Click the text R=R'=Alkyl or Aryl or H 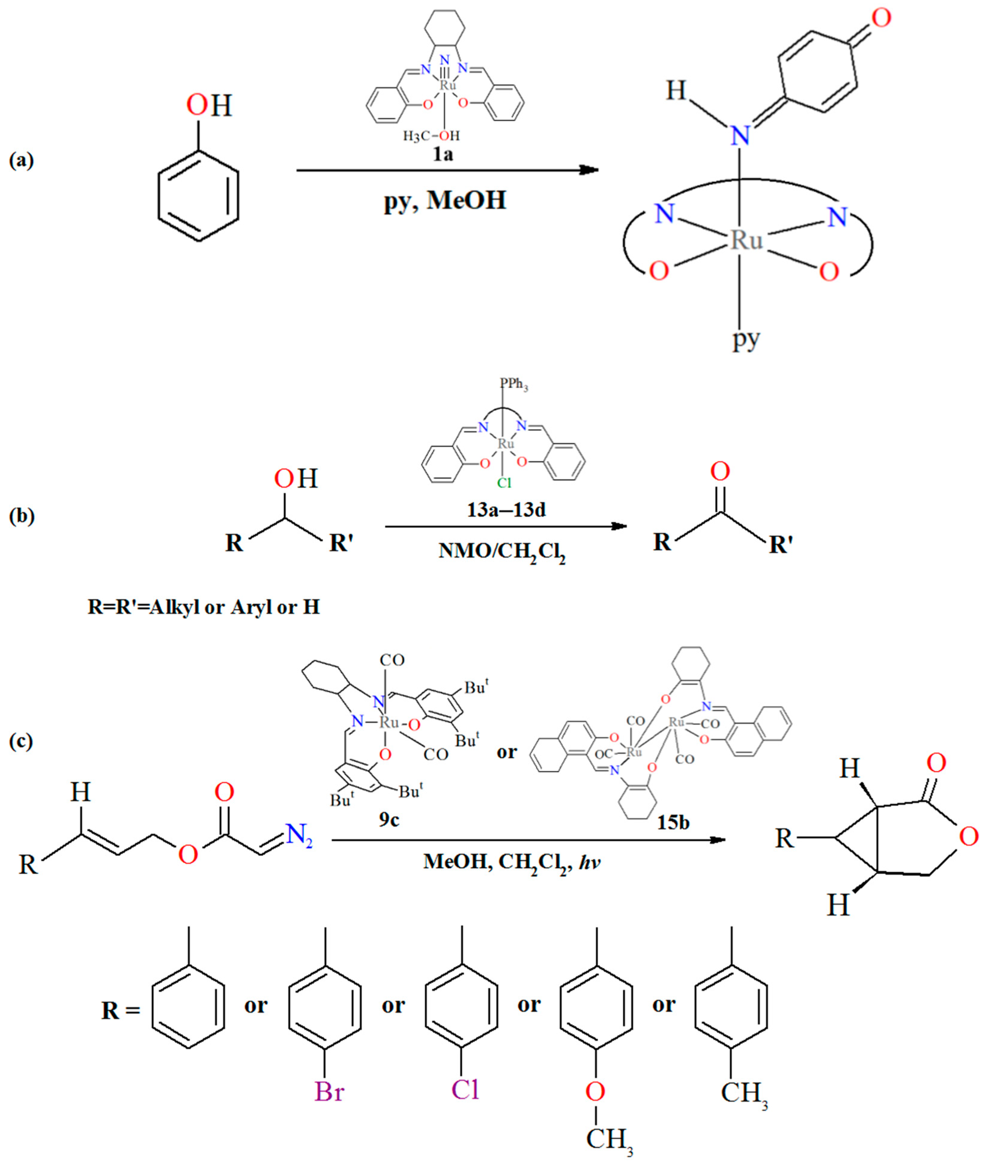tap(204, 607)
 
